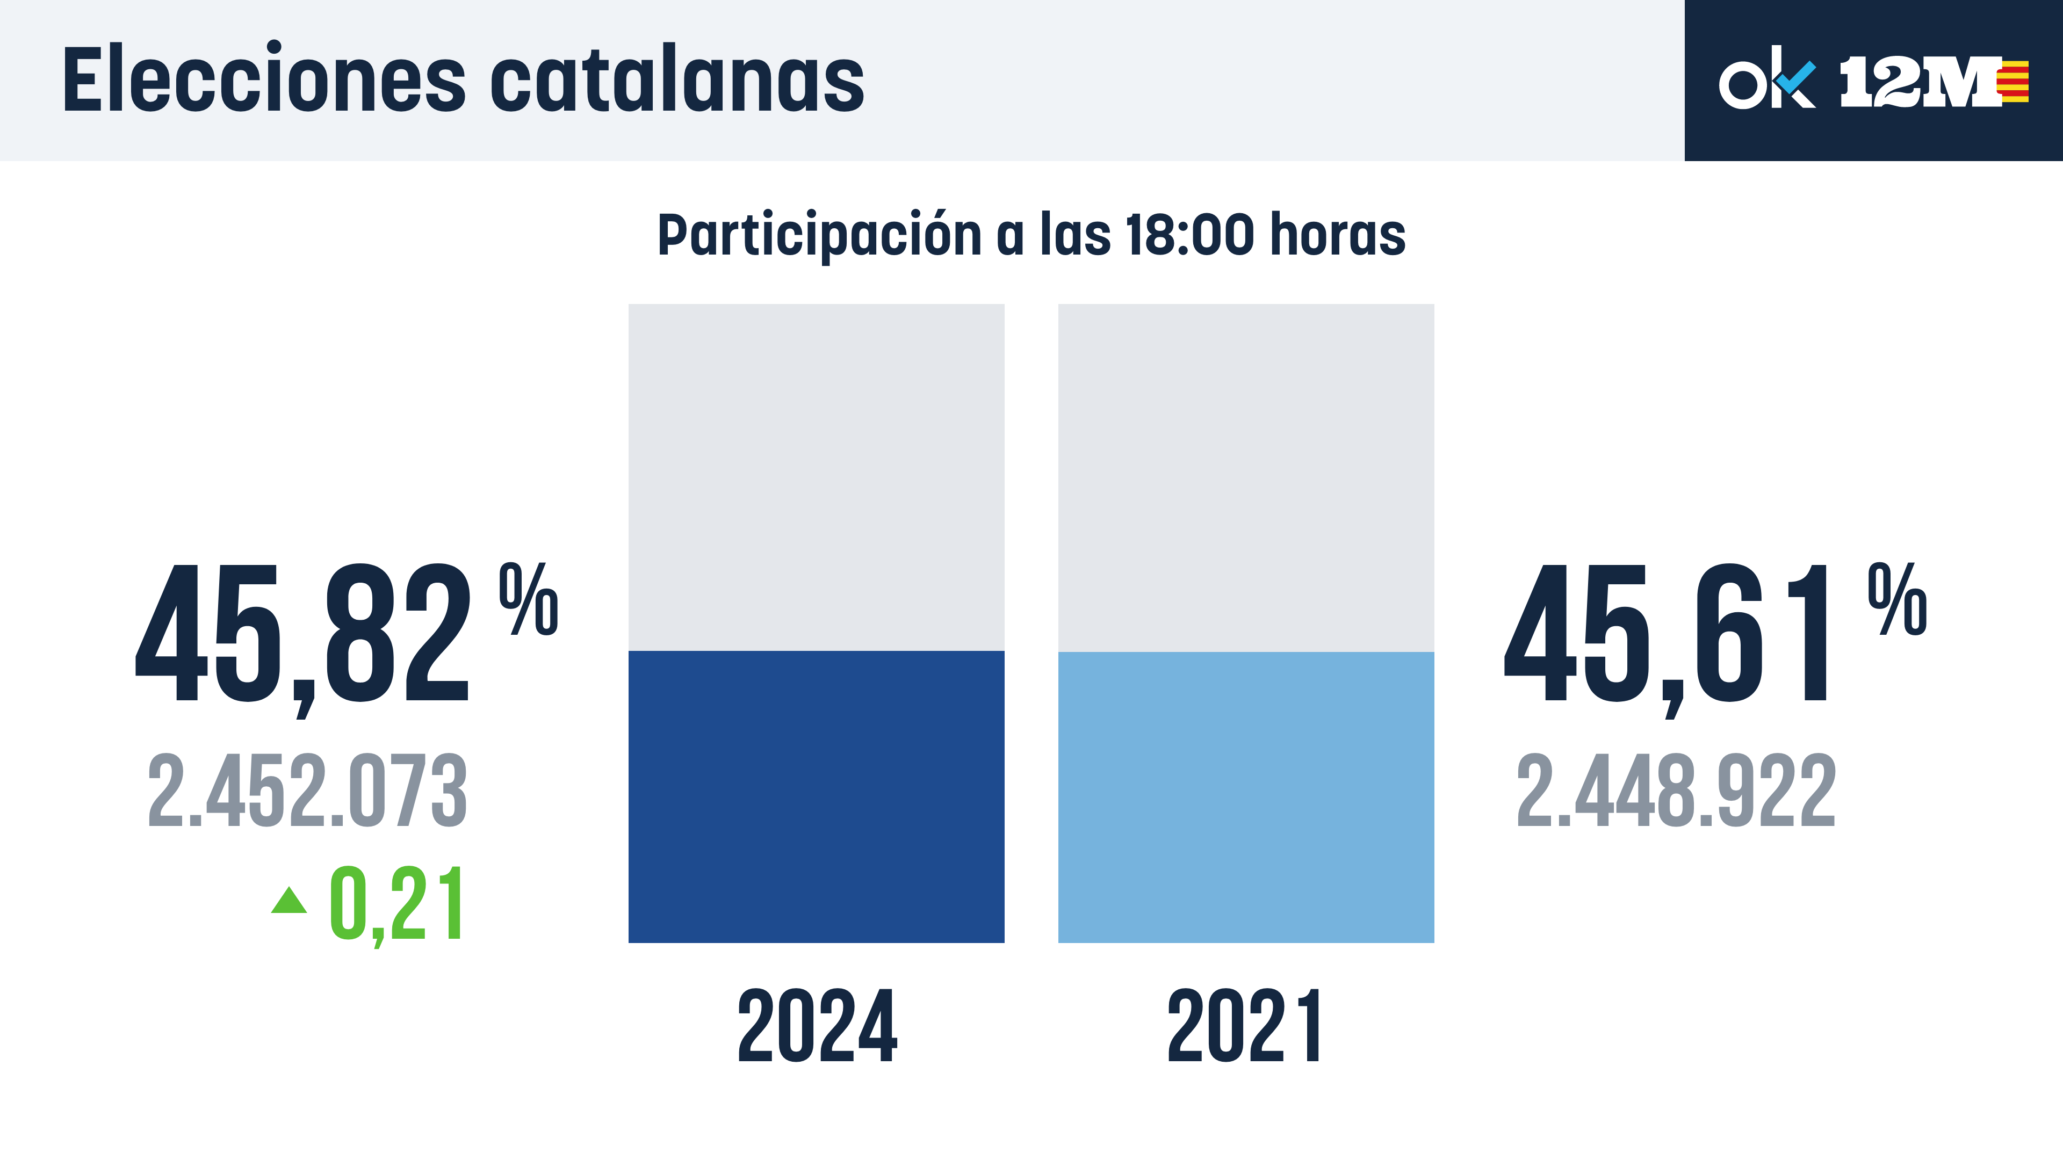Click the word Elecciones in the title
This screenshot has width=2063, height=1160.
263,80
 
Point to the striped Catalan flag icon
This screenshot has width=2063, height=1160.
2014,82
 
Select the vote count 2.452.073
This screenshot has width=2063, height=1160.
307,791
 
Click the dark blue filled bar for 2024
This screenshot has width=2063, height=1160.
816,796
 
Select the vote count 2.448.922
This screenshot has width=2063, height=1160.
1676,791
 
